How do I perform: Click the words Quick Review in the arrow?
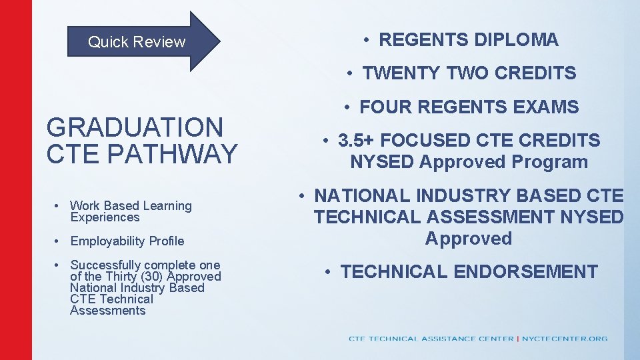[137, 42]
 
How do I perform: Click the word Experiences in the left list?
[105, 217]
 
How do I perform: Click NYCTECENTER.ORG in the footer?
[565, 339]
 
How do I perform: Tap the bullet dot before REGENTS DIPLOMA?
[367, 40]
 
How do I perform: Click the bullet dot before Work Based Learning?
[59, 206]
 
